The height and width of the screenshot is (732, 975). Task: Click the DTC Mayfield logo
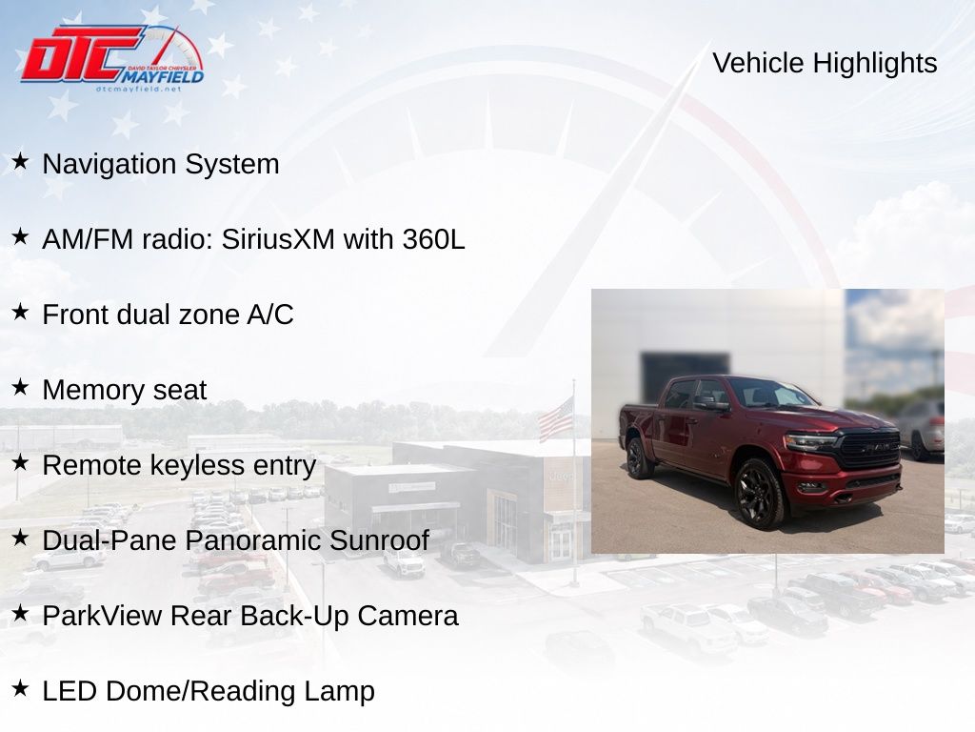point(112,58)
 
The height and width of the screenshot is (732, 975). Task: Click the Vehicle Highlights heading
point(825,64)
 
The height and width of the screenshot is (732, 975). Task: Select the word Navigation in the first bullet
point(109,165)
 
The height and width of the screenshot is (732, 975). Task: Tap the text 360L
point(433,239)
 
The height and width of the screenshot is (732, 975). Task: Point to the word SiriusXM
point(278,239)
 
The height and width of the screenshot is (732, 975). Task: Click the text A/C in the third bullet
point(270,315)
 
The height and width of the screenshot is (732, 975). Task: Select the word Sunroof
point(379,540)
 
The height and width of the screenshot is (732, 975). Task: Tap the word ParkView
point(102,616)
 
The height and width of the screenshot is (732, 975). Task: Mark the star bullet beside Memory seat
point(20,387)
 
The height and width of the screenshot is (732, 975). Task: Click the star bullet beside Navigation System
point(20,161)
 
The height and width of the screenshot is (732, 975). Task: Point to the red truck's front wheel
point(760,494)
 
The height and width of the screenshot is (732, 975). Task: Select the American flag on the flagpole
point(555,419)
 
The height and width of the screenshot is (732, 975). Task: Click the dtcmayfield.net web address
point(138,89)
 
